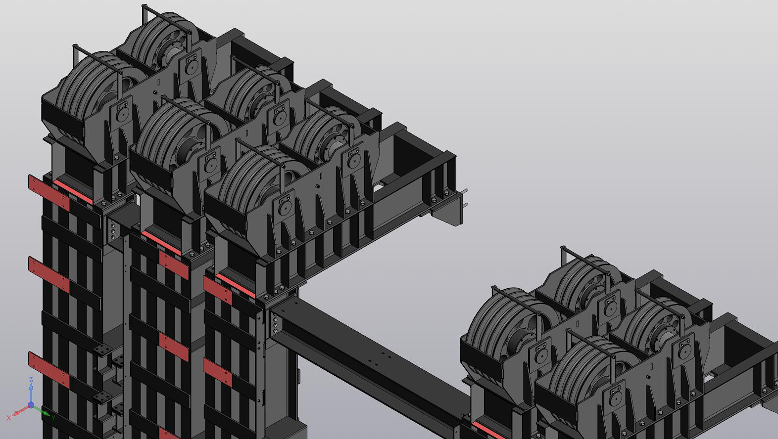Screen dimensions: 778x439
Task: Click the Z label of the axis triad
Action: coord(31,380)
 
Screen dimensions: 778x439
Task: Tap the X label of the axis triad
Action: coord(9,418)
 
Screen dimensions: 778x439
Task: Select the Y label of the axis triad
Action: coord(53,417)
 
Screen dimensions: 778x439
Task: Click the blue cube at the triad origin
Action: coord(31,405)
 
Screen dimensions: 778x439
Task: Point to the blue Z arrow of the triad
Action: coord(31,392)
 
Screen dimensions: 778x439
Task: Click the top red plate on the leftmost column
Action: coord(49,193)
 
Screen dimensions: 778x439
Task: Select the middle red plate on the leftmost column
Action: coord(49,274)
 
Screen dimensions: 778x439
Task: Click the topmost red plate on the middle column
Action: coord(174,265)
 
